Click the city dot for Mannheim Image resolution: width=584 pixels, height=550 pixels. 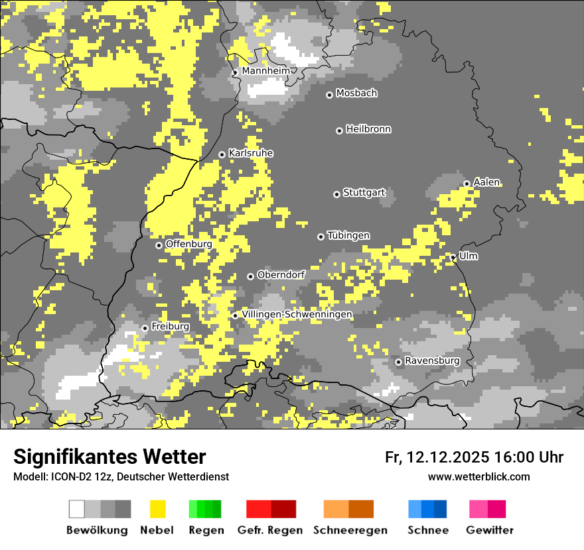click(x=235, y=73)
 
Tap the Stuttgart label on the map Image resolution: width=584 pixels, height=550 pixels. click(x=364, y=193)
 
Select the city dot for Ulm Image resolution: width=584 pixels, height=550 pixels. click(x=453, y=257)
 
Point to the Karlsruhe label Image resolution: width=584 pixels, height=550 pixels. click(x=251, y=153)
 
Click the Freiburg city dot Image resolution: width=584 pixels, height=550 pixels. click(x=145, y=328)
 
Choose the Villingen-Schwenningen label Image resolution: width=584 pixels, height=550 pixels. click(x=297, y=314)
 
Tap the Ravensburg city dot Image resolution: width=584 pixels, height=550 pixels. click(x=398, y=362)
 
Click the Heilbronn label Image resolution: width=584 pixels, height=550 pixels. click(x=368, y=129)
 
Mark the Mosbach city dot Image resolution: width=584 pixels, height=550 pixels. click(x=329, y=95)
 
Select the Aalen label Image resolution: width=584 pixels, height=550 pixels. click(x=486, y=182)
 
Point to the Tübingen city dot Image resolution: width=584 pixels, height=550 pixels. click(x=321, y=237)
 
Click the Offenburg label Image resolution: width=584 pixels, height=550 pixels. click(x=189, y=244)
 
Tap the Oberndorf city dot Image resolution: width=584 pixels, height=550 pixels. click(x=250, y=276)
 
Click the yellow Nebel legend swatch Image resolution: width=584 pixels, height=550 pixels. click(x=157, y=509)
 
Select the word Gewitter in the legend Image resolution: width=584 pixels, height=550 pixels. click(x=490, y=530)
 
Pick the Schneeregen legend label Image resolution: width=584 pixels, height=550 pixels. click(x=350, y=530)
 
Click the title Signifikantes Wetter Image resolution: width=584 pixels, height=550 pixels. click(x=110, y=457)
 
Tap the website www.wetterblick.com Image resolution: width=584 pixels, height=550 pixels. click(x=478, y=476)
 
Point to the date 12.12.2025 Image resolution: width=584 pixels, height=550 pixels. click(x=448, y=457)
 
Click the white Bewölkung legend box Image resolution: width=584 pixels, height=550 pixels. click(x=77, y=509)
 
